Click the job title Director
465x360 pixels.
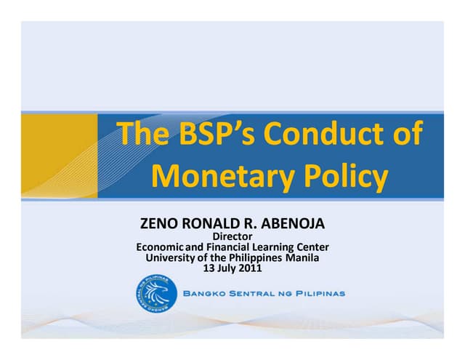click(232, 236)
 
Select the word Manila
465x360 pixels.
click(302, 257)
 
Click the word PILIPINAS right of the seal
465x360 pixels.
click(317, 294)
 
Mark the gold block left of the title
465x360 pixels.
click(59, 155)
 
